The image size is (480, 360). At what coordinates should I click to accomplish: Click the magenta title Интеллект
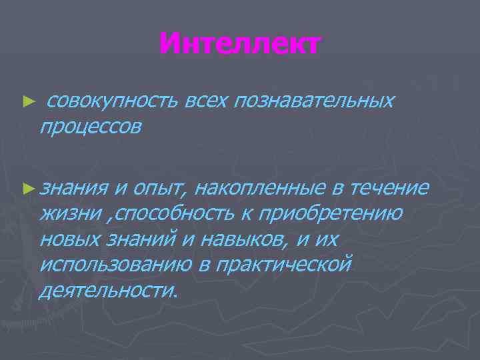[240, 45]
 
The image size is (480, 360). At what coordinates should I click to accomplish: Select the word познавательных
[313, 101]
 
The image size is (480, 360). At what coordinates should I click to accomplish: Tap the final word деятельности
[109, 289]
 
